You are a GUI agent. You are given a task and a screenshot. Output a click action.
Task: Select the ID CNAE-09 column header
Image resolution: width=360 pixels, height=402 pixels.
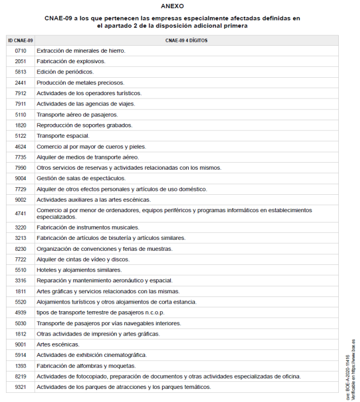pos(21,40)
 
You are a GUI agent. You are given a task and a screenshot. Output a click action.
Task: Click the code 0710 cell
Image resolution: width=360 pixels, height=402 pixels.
pos(21,51)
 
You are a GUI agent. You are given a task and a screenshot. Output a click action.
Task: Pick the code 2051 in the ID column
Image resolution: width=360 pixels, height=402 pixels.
pos(21,61)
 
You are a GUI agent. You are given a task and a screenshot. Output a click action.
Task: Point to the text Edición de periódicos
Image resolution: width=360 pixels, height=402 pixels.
pos(65,72)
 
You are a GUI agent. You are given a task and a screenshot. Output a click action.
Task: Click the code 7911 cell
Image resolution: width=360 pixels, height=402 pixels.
pos(21,104)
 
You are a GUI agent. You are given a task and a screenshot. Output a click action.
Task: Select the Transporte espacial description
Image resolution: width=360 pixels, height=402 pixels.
pos(63,136)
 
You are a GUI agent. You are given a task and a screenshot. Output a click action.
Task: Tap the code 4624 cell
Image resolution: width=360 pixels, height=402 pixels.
pos(21,146)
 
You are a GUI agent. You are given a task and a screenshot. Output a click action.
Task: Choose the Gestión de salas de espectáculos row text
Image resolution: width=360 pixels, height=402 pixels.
pos(81,178)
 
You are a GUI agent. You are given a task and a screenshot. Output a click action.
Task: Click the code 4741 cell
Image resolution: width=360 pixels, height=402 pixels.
pos(21,213)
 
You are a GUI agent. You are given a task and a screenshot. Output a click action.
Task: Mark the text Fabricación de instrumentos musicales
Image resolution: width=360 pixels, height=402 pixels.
pos(88,227)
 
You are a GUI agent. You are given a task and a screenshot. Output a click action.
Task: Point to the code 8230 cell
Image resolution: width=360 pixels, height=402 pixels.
pos(21,249)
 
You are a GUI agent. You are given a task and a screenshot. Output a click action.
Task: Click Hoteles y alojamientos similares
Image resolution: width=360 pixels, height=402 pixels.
pos(79,270)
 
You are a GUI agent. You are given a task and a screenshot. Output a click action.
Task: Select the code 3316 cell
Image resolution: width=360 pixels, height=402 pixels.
pos(21,281)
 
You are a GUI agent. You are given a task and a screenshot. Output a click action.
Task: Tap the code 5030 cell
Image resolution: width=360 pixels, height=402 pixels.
pos(21,323)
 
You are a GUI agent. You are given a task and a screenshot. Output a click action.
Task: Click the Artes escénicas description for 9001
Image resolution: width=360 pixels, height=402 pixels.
pos(58,344)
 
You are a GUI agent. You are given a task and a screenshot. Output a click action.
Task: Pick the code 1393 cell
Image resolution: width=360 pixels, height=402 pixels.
pos(21,366)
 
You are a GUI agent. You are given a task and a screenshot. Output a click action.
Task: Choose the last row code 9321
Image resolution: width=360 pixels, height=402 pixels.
pos(21,387)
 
